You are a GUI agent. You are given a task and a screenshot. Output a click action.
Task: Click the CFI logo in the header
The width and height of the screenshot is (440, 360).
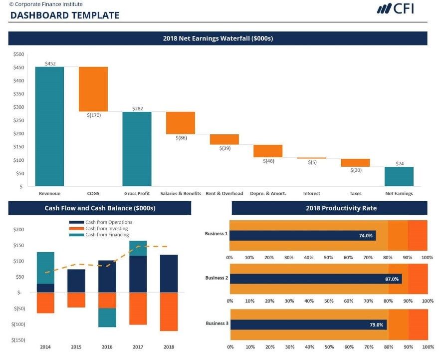click(395, 8)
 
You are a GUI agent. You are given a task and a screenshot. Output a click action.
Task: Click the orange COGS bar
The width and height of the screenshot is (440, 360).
click(93, 89)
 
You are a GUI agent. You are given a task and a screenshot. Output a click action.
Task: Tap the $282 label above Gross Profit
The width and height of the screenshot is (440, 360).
click(137, 108)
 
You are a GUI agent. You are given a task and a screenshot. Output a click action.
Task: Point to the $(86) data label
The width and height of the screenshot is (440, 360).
click(181, 138)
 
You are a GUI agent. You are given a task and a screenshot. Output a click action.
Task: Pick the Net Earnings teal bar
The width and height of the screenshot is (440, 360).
click(399, 176)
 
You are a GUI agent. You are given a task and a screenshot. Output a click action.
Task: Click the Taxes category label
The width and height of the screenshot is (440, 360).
click(355, 194)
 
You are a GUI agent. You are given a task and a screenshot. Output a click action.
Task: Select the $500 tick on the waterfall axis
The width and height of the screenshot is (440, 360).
click(18, 54)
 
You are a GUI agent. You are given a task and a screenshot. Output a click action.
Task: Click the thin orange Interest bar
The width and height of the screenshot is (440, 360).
click(311, 158)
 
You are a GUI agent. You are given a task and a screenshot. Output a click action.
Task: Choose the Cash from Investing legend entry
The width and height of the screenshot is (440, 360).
click(106, 229)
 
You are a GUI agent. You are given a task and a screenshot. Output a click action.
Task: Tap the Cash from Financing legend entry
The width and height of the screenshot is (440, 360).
click(107, 235)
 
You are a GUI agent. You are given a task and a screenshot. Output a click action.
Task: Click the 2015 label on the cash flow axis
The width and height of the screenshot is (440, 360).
click(76, 347)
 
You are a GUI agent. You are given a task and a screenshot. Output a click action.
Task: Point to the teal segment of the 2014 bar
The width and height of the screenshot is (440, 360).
click(45, 268)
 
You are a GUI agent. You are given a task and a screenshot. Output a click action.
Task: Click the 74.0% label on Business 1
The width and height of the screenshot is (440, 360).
click(366, 236)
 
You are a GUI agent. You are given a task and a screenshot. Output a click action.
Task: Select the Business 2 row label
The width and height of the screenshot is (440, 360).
click(217, 278)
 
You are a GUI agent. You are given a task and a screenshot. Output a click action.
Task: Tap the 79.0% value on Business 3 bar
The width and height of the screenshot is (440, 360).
click(376, 325)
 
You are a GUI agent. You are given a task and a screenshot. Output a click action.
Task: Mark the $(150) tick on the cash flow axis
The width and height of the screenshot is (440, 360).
click(18, 340)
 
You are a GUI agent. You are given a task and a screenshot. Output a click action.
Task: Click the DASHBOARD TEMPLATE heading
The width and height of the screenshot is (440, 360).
click(64, 15)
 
